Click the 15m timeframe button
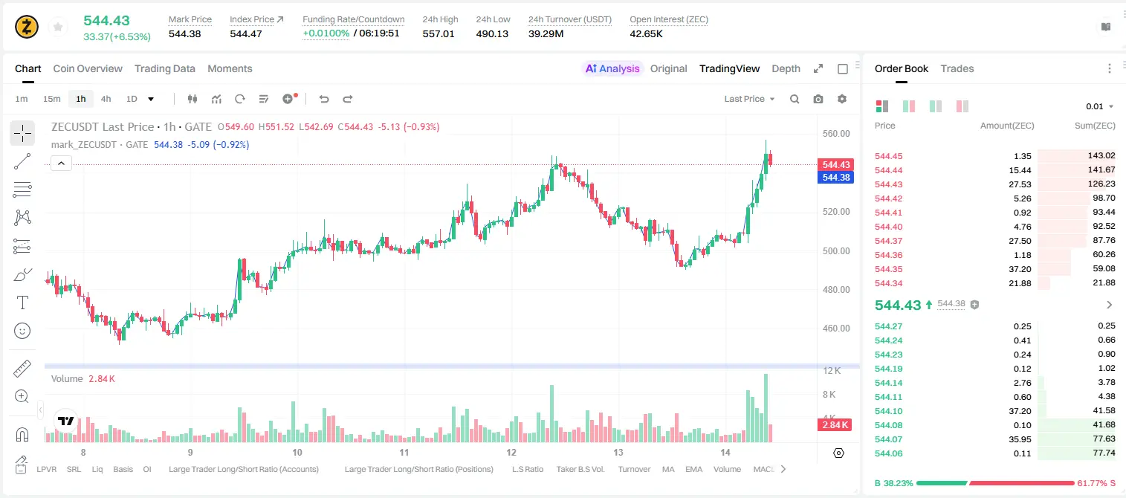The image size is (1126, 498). [51, 99]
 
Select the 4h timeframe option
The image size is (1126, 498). [106, 99]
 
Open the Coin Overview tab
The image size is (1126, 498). [88, 68]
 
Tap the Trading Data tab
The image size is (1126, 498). [164, 68]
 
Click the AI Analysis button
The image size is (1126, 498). [612, 68]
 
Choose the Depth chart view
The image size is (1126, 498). [786, 68]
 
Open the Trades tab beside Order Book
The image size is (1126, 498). [957, 68]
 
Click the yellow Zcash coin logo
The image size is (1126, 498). [27, 27]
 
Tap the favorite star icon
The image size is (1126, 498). [58, 27]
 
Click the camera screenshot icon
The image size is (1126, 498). [818, 99]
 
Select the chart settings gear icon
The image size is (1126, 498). [842, 99]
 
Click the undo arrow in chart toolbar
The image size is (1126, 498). [324, 99]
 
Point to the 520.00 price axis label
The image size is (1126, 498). [836, 212]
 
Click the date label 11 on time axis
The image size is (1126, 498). [404, 452]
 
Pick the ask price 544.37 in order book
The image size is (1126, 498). [888, 241]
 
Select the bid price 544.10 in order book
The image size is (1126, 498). [888, 410]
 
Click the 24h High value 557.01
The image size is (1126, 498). [439, 33]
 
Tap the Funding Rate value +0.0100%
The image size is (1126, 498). [326, 33]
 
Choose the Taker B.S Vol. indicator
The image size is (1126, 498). [580, 469]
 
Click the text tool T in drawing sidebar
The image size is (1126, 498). [22, 303]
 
